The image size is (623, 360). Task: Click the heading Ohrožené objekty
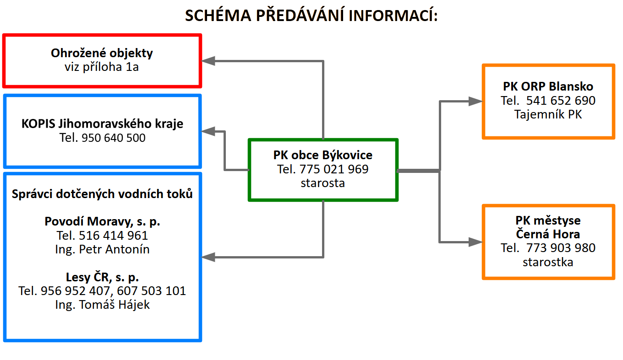[102, 53]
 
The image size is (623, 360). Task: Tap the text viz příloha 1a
[102, 67]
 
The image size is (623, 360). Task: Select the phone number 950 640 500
[113, 137]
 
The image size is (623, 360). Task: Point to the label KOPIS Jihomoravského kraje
[102, 124]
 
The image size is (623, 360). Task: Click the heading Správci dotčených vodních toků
[102, 194]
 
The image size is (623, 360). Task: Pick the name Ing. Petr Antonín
[102, 249]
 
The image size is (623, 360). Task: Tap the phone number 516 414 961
[114, 236]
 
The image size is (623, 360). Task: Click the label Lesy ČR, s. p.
[102, 277]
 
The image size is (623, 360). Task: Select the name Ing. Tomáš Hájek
[102, 305]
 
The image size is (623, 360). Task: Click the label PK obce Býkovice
[323, 155]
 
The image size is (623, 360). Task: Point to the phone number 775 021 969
[334, 169]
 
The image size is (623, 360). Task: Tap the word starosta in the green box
[323, 183]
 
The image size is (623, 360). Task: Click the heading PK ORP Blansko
[548, 87]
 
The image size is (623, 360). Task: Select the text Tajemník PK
[548, 114]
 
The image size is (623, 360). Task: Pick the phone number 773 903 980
[561, 248]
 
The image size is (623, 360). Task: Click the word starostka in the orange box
[548, 262]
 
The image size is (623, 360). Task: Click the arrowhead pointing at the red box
[209, 61]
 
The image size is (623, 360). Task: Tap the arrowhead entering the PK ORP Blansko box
[475, 102]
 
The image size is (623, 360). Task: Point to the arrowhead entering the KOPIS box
[209, 131]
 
